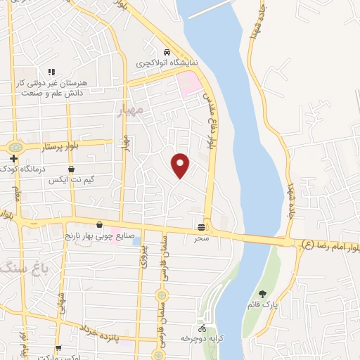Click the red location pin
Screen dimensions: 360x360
[x=181, y=165]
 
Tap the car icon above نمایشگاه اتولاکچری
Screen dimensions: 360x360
[x=166, y=53]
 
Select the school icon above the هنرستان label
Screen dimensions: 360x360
[x=51, y=72]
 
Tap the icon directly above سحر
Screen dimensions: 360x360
[x=202, y=226]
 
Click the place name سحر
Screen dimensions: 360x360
[x=202, y=238]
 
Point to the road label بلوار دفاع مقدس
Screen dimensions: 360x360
[x=209, y=120]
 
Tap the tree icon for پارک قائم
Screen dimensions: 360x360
[x=263, y=294]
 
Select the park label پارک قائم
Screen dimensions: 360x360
[x=263, y=305]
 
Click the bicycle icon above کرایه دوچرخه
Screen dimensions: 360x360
[x=202, y=328]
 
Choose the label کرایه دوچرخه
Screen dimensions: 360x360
[x=202, y=339]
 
